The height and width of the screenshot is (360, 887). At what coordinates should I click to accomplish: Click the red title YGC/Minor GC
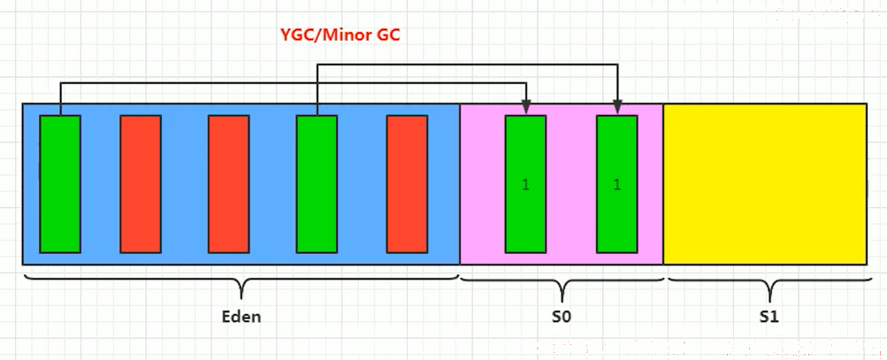pyautogui.click(x=340, y=35)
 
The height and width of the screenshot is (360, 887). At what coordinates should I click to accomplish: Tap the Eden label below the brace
pyautogui.click(x=241, y=316)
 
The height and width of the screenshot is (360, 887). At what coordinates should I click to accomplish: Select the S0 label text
pyautogui.click(x=562, y=317)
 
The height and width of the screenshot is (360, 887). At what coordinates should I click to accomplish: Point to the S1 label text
pyautogui.click(x=769, y=317)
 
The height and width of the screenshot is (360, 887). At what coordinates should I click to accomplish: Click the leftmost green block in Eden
pyautogui.click(x=60, y=184)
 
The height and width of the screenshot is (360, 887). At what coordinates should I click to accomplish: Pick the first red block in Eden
pyautogui.click(x=141, y=184)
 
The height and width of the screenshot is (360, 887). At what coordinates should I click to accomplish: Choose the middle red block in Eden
pyautogui.click(x=228, y=184)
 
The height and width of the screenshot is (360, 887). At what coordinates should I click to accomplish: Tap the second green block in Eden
pyautogui.click(x=317, y=184)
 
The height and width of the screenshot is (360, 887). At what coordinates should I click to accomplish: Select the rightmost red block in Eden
pyautogui.click(x=407, y=184)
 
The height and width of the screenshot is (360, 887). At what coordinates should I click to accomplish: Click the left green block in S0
pyautogui.click(x=525, y=184)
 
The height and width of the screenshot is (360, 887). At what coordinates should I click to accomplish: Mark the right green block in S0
pyautogui.click(x=617, y=184)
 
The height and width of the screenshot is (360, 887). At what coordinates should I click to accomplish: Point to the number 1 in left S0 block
pyautogui.click(x=525, y=185)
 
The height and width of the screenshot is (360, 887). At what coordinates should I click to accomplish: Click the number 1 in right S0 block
pyautogui.click(x=617, y=185)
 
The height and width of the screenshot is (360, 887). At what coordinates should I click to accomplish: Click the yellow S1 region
pyautogui.click(x=765, y=184)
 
